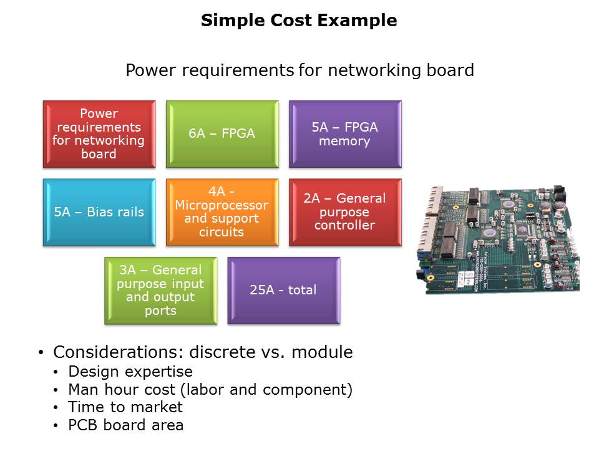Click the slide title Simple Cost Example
point(299,21)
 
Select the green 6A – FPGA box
point(222,134)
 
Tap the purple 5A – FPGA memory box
point(345,134)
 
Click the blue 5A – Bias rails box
point(99,212)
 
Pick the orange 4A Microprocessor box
point(222,212)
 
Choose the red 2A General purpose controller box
point(345,212)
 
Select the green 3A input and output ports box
point(160,291)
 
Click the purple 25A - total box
point(284,291)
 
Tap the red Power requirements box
point(99,134)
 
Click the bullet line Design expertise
point(130,372)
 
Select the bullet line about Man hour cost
point(210,390)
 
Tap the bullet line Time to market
point(125,407)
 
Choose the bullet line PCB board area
point(126,425)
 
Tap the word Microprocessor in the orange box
point(222,205)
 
